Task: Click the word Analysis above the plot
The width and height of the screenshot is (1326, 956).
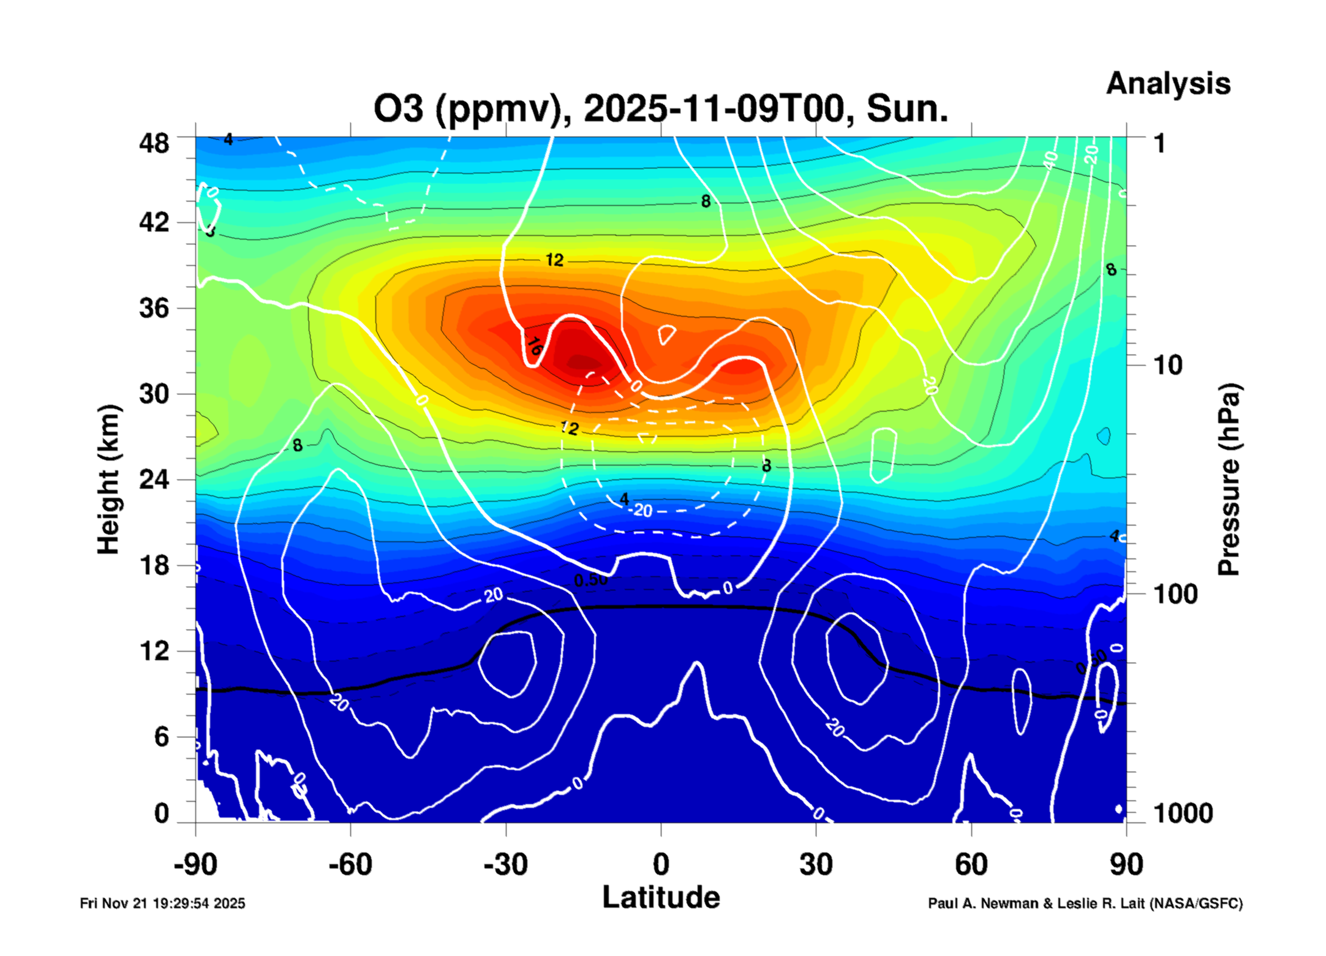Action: (1167, 83)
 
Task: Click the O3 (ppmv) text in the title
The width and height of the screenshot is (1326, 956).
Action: (467, 109)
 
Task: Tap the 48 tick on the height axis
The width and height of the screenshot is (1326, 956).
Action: (154, 143)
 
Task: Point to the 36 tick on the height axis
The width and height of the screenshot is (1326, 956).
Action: (154, 308)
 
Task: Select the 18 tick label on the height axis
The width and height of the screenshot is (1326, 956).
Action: (154, 565)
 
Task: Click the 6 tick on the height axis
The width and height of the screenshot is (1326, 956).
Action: (161, 737)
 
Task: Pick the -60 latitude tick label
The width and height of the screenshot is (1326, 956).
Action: (350, 865)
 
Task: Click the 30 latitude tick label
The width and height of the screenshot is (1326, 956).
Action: (816, 865)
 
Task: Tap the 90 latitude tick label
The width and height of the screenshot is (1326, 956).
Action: (1126, 865)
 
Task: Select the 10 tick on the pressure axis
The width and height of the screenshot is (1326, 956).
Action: (1167, 366)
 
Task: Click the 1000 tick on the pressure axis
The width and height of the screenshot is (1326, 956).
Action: (1183, 813)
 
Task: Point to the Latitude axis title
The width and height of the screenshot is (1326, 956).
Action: (661, 898)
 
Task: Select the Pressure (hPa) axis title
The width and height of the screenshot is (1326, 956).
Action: (1228, 480)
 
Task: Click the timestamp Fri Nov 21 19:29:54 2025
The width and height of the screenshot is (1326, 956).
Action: (162, 903)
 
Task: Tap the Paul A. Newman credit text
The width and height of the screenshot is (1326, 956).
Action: (1085, 903)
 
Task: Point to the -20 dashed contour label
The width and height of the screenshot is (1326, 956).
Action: (641, 510)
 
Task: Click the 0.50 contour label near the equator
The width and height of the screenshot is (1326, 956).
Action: (590, 580)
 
